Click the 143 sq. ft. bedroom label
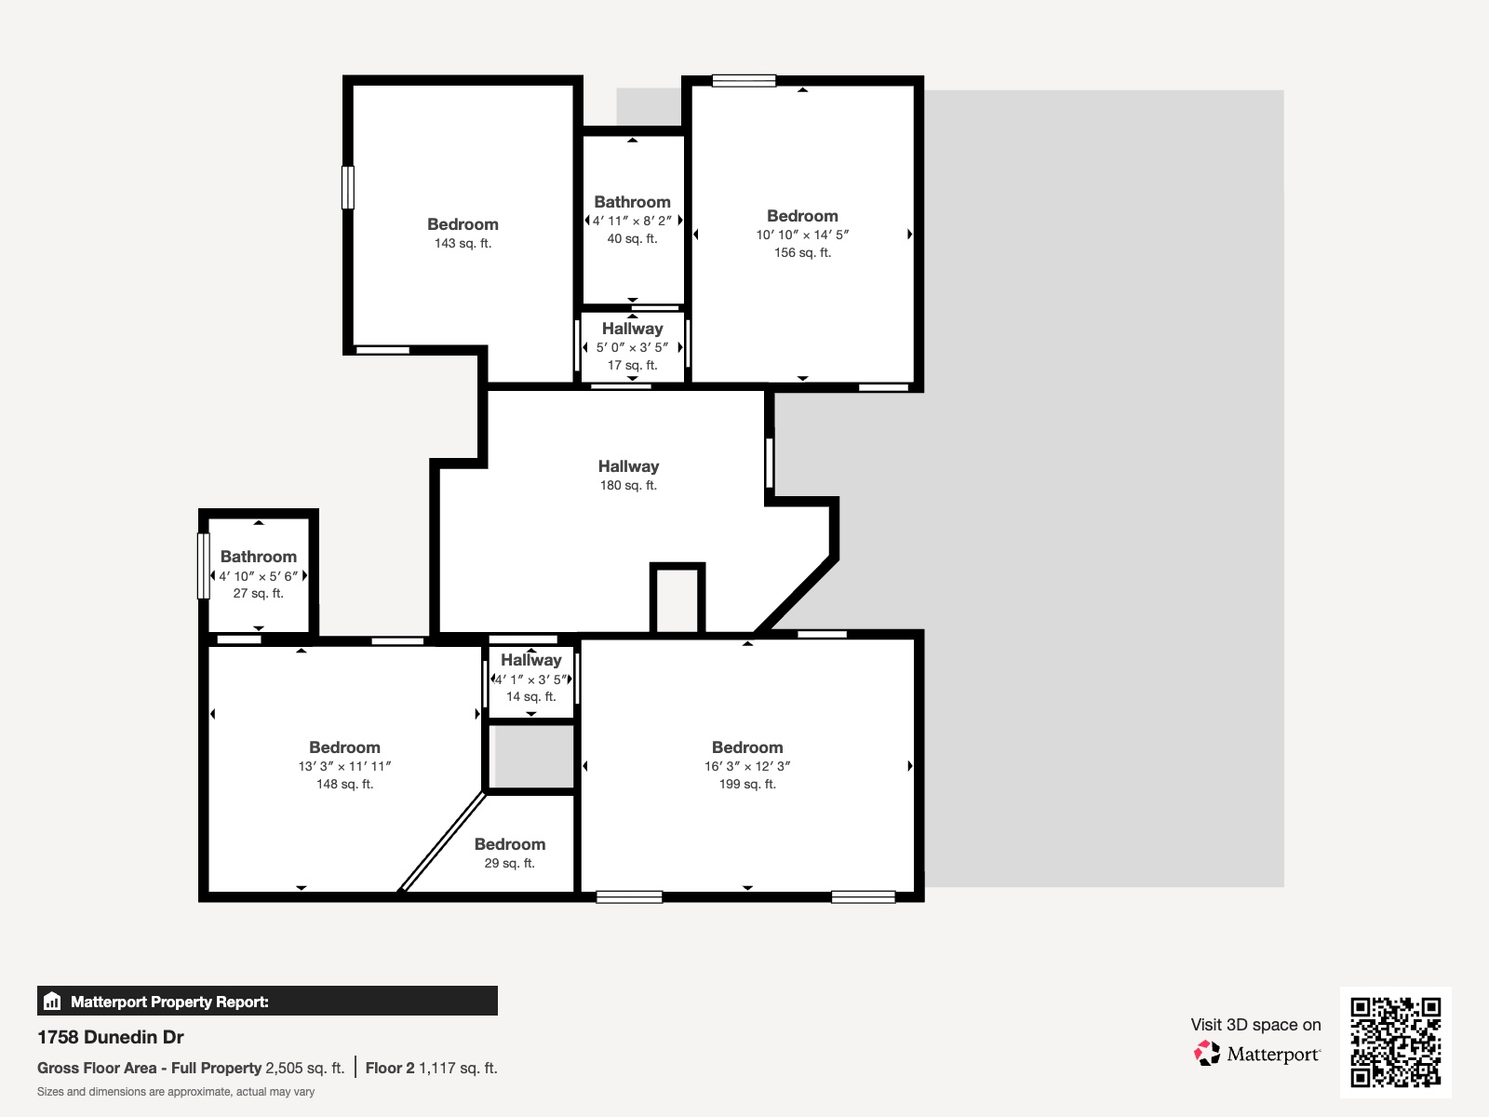coord(463,224)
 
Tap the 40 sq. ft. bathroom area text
coord(632,239)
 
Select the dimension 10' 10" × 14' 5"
coord(802,235)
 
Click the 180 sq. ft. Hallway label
coord(628,466)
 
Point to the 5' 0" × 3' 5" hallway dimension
coord(632,347)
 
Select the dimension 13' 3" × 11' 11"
coord(344,766)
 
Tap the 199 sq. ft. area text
coord(747,784)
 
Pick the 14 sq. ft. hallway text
coord(530,696)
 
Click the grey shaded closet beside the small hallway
coord(531,756)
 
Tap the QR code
coord(1395,1042)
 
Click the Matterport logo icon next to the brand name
coord(1207,1054)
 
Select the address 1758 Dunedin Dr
coord(111,1037)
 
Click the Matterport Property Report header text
coord(169,1002)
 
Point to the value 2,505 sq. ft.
coord(304,1068)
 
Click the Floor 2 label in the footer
coord(389,1068)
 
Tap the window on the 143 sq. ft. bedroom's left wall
coord(348,187)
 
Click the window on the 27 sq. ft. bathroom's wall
coord(204,565)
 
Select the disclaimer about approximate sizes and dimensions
coord(176,1092)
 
